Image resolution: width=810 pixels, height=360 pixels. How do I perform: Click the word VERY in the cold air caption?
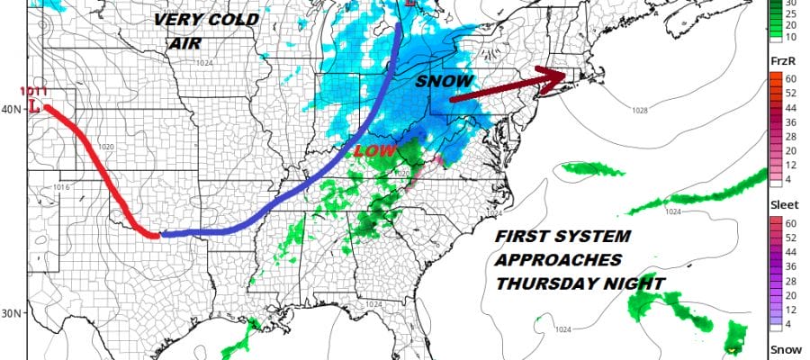click(174, 19)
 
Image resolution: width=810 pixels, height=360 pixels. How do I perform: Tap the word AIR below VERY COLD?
click(185, 42)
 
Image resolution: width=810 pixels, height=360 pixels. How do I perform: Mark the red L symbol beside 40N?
click(34, 107)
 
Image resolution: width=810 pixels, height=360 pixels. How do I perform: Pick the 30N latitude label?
click(12, 313)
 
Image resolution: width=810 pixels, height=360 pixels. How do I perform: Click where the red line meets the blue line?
click(158, 235)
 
